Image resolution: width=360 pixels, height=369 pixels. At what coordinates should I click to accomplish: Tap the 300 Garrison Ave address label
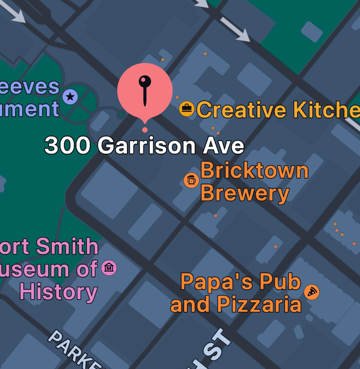click(144, 146)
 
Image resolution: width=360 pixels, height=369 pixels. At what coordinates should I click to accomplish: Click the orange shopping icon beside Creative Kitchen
click(186, 108)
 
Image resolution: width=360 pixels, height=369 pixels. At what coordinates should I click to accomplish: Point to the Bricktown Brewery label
click(254, 182)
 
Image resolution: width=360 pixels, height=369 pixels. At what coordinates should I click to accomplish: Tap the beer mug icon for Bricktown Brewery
click(191, 180)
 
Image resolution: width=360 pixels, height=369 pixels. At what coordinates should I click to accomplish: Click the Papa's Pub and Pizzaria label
click(237, 293)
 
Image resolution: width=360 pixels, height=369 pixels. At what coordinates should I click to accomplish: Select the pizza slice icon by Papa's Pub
click(311, 292)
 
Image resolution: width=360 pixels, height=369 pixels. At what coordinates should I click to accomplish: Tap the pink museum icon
click(109, 268)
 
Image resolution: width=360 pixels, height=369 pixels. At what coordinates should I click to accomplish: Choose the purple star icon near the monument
click(69, 97)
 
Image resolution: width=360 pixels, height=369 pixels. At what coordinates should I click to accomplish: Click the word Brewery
click(245, 193)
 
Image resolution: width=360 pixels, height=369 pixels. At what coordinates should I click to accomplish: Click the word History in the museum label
click(58, 292)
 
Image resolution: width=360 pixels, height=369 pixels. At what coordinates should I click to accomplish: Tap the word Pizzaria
click(259, 305)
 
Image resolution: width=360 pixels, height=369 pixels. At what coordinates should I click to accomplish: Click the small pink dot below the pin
click(145, 130)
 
